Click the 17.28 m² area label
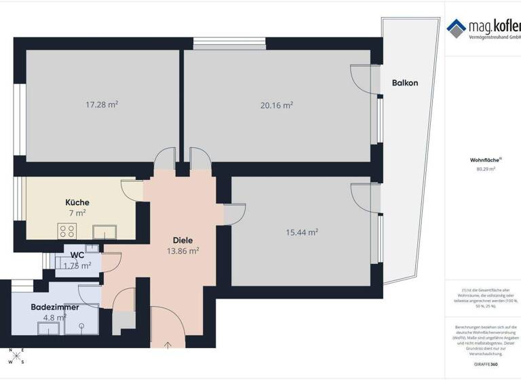coord(102,105)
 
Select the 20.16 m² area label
coord(277,105)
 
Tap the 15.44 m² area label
coord(303,232)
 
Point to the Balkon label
coord(405,83)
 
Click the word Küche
coord(77,202)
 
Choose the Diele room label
coord(183,240)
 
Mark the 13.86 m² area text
coord(183,251)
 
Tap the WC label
coord(77,255)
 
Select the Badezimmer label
coord(55,307)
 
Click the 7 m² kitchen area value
coord(77,213)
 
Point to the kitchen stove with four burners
coord(67,230)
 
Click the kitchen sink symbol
coord(104,231)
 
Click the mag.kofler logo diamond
coord(456,27)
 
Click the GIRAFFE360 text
coord(486,365)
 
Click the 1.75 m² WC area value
coord(77,266)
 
